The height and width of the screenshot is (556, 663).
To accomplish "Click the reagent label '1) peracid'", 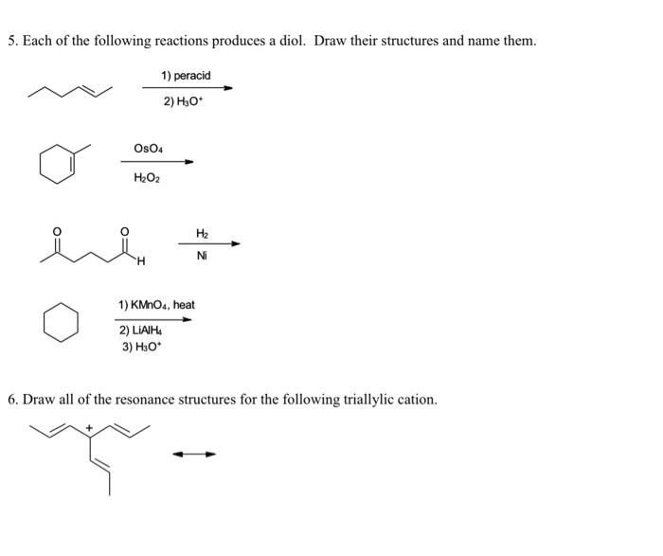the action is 186,75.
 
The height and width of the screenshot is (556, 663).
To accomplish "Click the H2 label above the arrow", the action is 202,232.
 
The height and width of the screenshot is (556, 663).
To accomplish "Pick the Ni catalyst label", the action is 202,256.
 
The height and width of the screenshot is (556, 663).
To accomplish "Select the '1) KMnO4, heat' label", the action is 156,305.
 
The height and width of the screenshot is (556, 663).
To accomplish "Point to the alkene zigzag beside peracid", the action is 71,91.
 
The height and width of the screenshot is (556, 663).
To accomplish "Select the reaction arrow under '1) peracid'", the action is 186,88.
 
